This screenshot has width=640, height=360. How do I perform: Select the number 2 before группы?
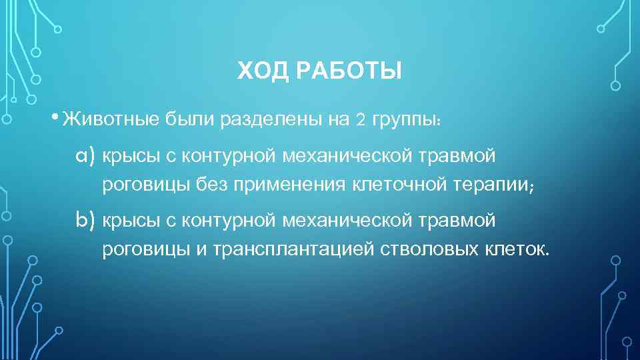[x=361, y=120]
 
